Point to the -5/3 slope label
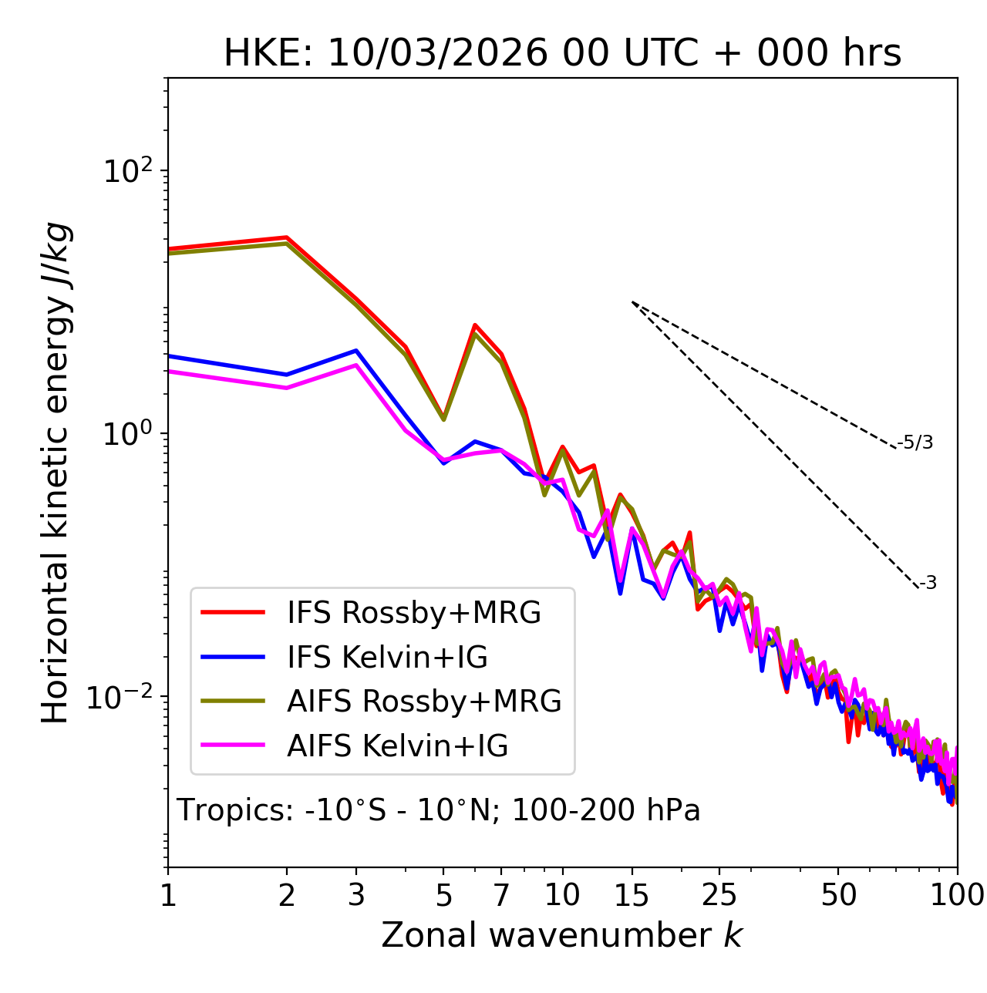click(x=915, y=443)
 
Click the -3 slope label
click(x=928, y=584)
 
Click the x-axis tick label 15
click(x=632, y=895)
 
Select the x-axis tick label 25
click(x=719, y=895)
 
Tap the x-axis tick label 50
click(x=838, y=895)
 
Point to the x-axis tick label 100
click(x=956, y=895)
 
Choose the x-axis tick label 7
click(x=501, y=895)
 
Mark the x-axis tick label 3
click(x=356, y=895)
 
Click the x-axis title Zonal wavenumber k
click(x=561, y=936)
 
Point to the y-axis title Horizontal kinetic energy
click(x=56, y=473)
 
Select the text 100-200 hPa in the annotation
click(x=606, y=810)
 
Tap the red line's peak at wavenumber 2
click(x=287, y=237)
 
